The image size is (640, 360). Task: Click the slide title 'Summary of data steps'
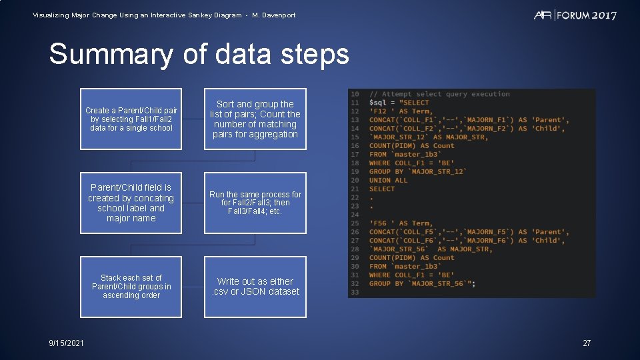(199, 54)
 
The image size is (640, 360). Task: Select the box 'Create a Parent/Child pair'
(131, 119)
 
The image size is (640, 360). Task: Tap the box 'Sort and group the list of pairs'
(255, 119)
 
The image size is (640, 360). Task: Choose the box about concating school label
(131, 203)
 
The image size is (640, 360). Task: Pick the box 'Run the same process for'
(255, 203)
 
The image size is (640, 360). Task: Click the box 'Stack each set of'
(131, 287)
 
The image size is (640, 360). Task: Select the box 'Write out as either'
(255, 287)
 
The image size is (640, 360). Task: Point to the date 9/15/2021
(67, 343)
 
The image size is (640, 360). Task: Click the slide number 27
(587, 343)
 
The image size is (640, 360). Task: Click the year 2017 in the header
(603, 15)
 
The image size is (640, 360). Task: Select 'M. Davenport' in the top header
(274, 15)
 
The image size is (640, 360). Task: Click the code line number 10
(355, 94)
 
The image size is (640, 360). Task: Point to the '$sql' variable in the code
(377, 103)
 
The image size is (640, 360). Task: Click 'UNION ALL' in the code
(389, 180)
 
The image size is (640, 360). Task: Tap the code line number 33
(355, 292)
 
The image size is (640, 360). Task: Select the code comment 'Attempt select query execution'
(445, 94)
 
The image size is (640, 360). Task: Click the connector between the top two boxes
(193, 119)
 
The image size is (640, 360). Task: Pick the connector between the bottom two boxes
(193, 287)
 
